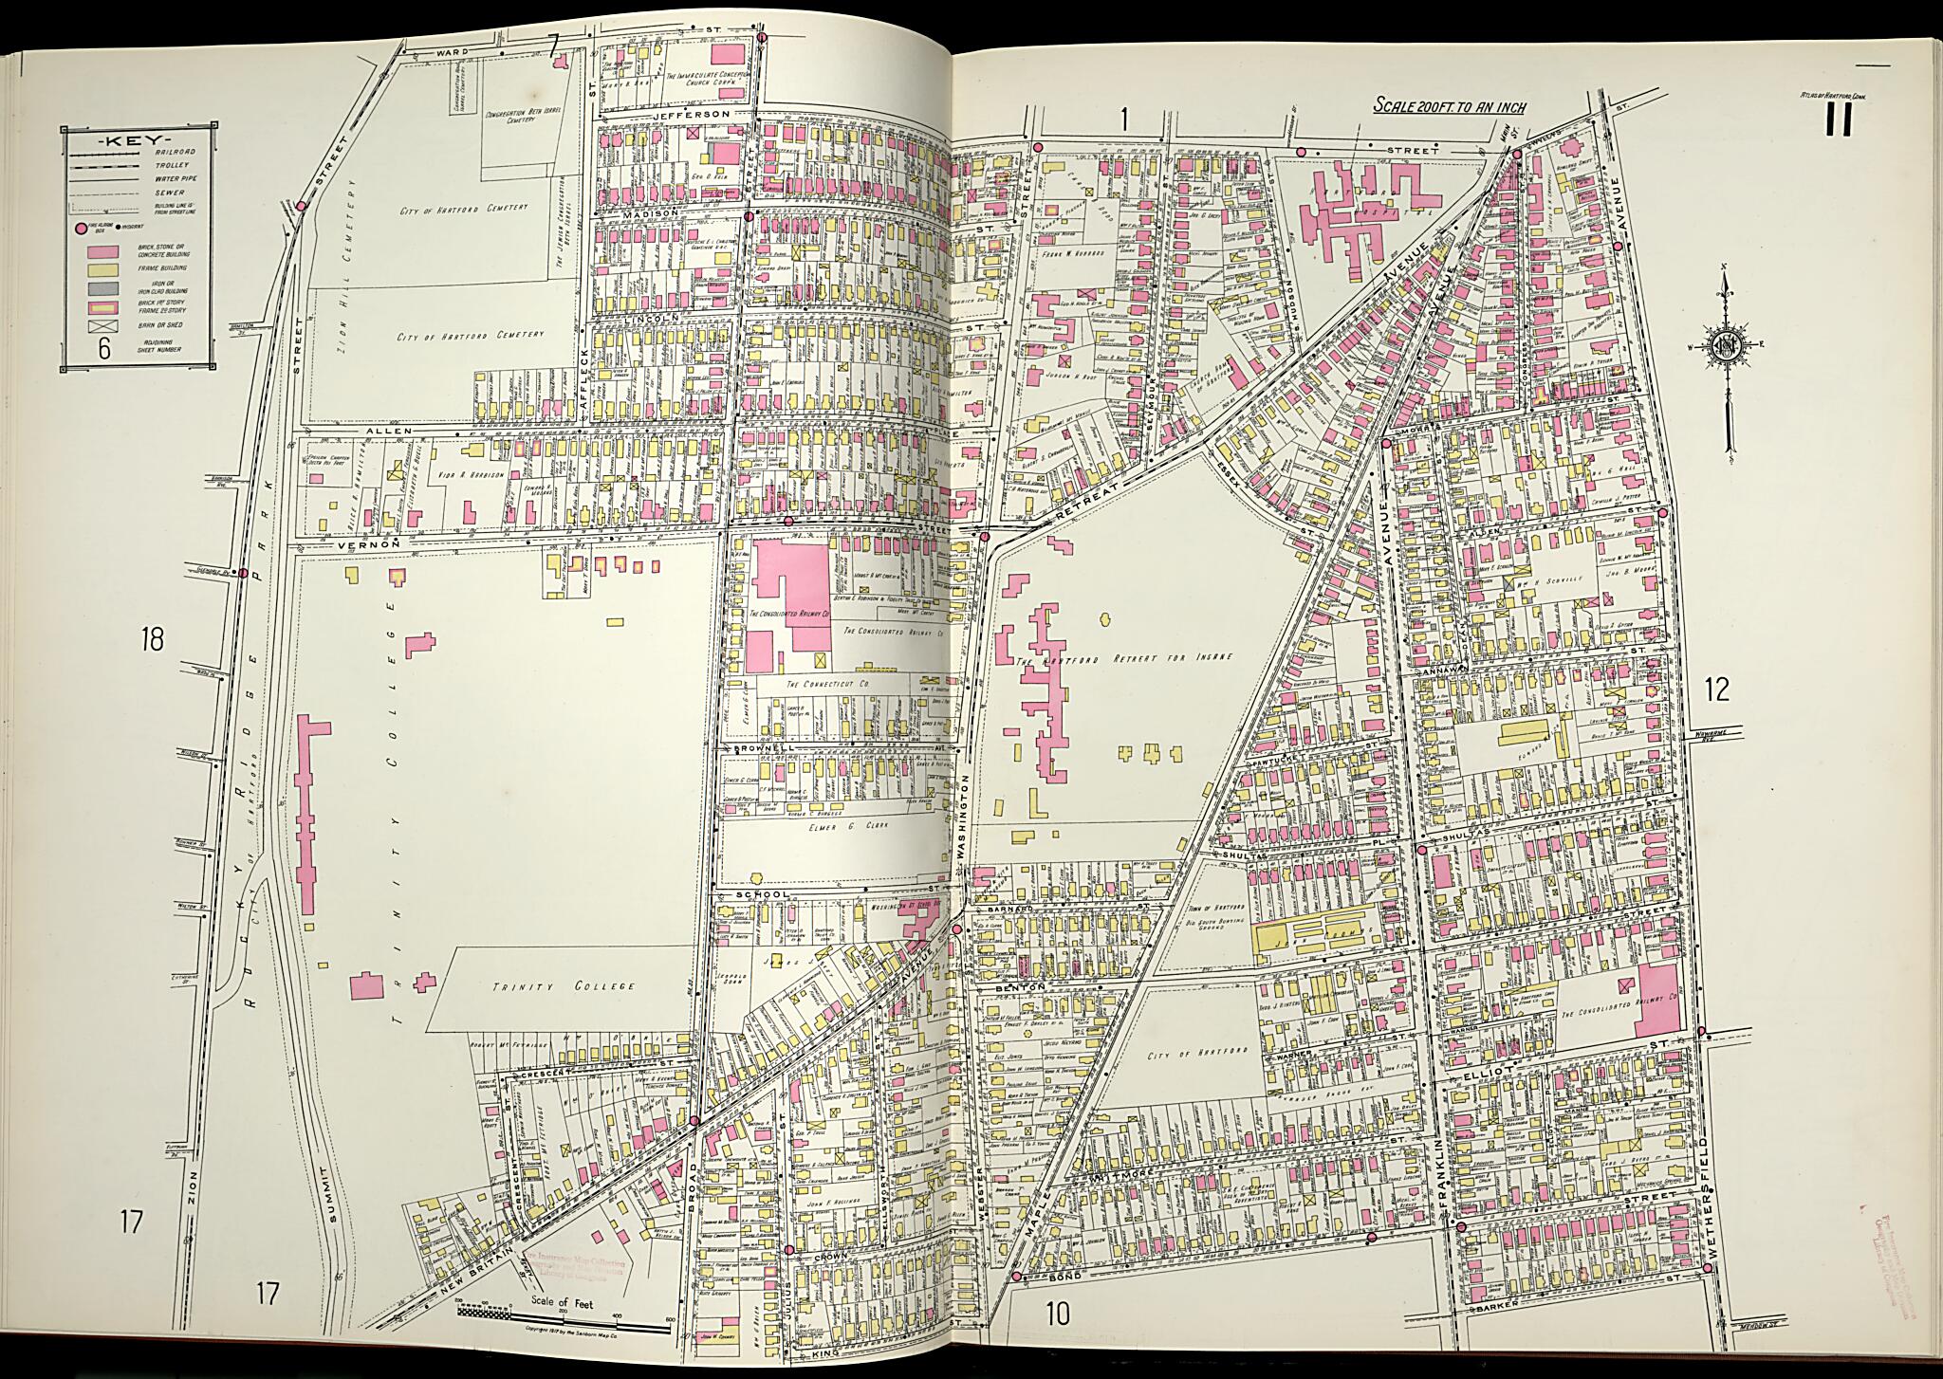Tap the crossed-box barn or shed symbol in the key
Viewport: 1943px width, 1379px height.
coord(103,325)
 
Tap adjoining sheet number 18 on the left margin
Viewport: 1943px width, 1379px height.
coord(152,639)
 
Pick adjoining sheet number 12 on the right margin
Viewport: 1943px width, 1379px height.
coord(1716,689)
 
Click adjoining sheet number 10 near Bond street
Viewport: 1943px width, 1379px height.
coord(1058,1314)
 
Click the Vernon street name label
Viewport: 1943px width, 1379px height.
coord(389,546)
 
